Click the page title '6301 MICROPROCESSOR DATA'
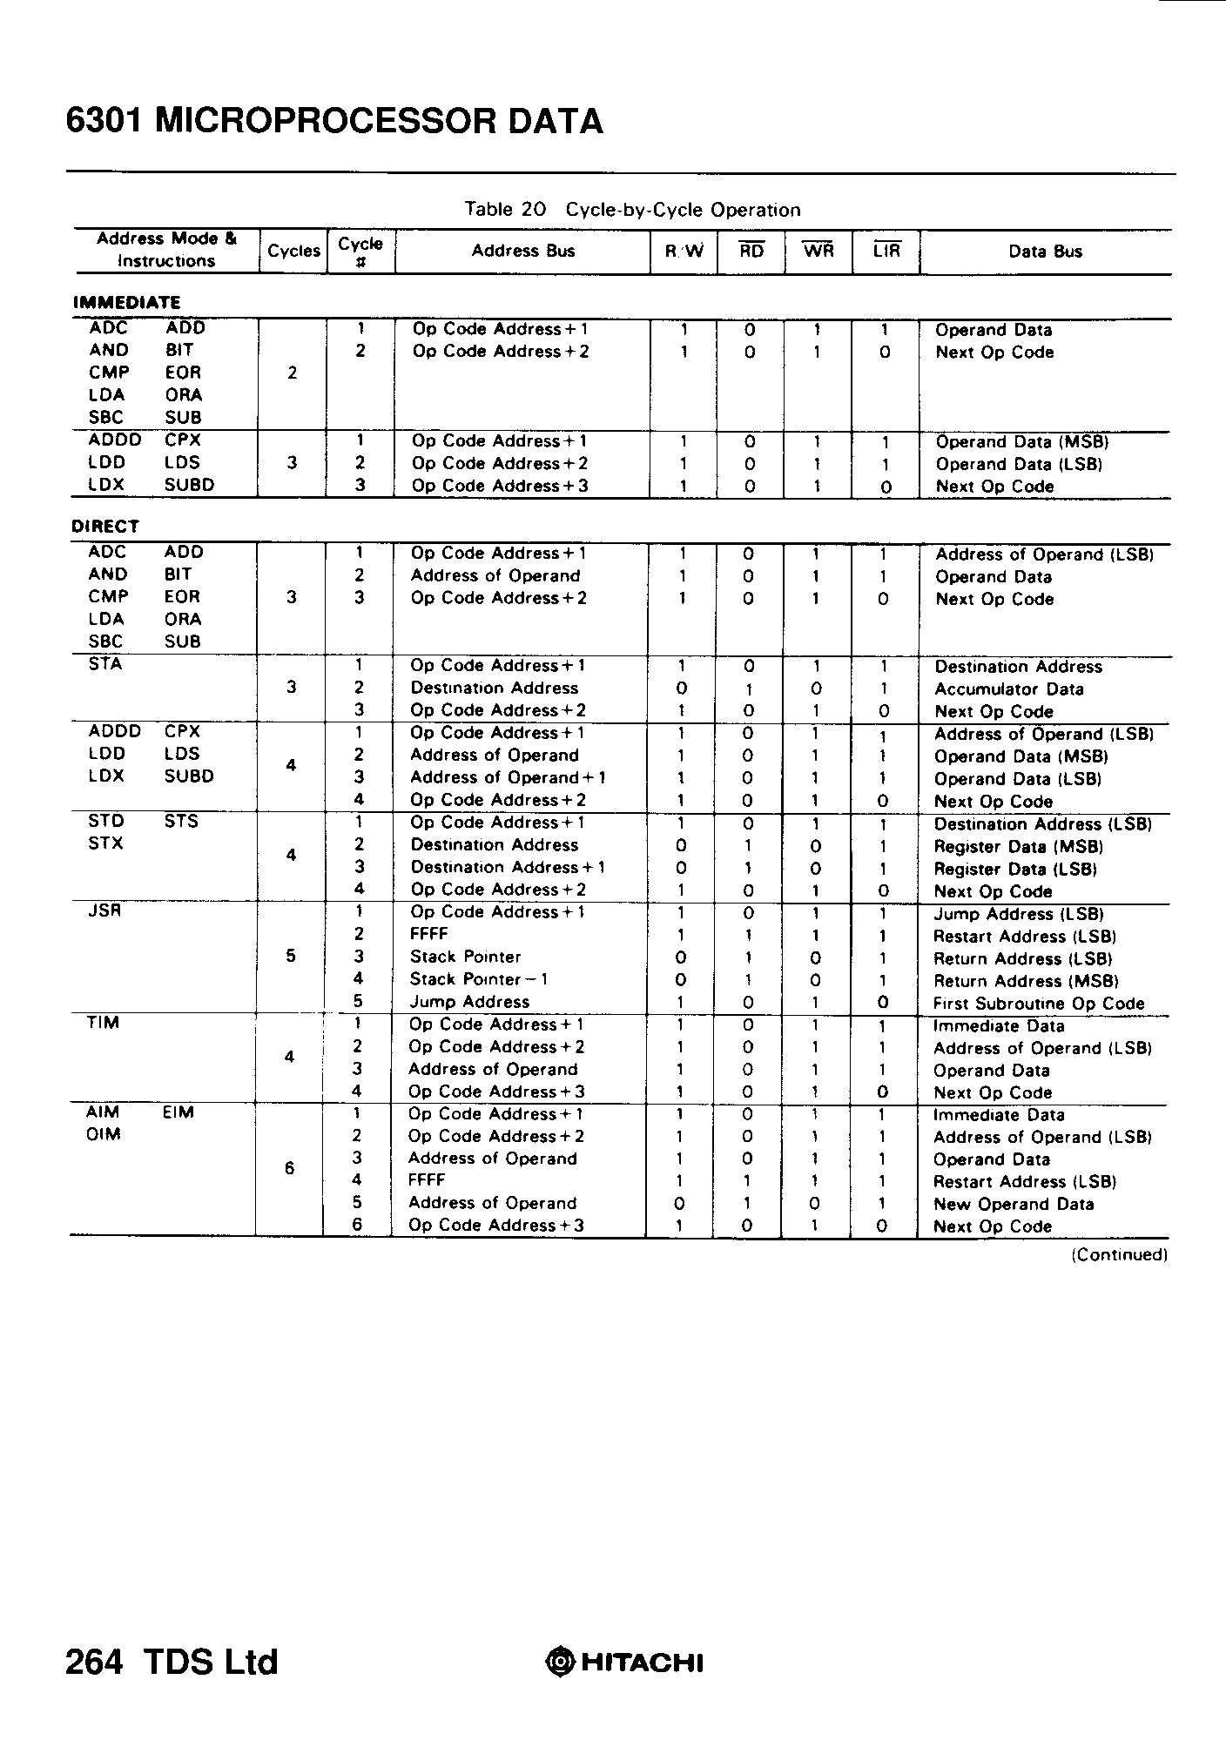334,121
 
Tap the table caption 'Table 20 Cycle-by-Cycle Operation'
632,210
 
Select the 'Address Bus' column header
522,252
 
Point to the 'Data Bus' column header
1045,252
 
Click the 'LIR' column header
886,252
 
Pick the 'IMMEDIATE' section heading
126,303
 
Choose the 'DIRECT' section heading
105,527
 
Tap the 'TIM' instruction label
103,1024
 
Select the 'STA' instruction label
105,665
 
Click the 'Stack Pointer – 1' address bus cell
479,979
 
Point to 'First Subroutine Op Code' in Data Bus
1039,1004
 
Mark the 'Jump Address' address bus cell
469,1002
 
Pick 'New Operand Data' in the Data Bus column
1014,1205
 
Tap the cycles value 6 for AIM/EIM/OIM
290,1169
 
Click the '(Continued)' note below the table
1119,1254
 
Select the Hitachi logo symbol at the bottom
559,1663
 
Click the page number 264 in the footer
94,1662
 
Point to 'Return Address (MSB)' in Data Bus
1026,981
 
